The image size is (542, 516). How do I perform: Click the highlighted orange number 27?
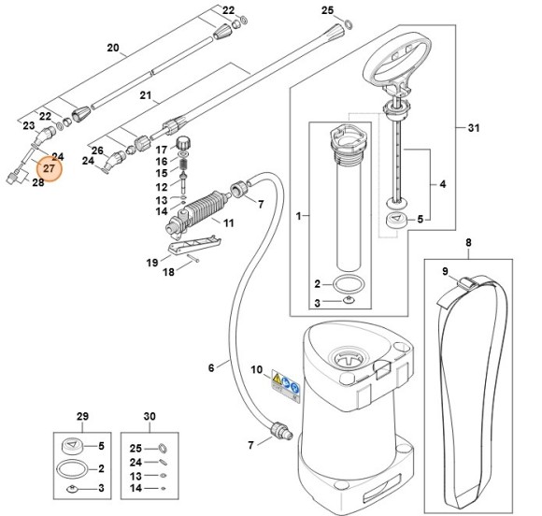click(48, 169)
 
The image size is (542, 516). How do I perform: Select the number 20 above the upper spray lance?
click(113, 48)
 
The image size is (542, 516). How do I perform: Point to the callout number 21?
click(145, 96)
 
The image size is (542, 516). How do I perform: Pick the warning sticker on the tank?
click(285, 381)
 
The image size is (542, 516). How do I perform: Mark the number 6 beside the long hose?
click(211, 366)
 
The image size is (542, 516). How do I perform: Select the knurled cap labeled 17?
click(184, 146)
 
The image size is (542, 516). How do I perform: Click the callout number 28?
click(38, 182)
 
